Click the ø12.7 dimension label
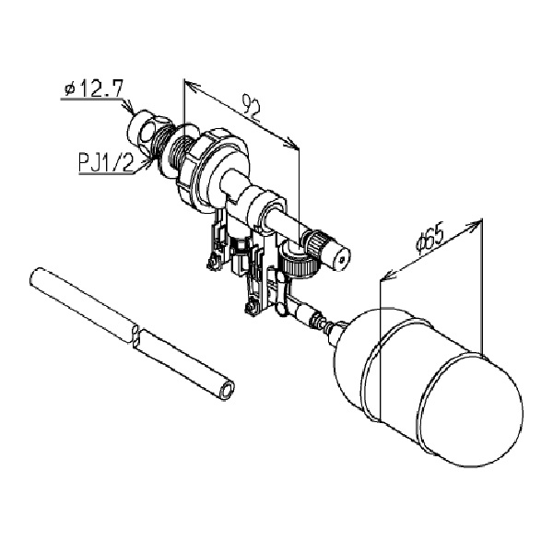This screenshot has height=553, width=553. pos(93,88)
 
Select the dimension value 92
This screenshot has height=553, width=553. pos(252,108)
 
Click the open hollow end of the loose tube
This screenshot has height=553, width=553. pos(227,391)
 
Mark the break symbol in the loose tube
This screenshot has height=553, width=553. pos(135,336)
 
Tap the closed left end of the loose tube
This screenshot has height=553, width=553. pos(35,276)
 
